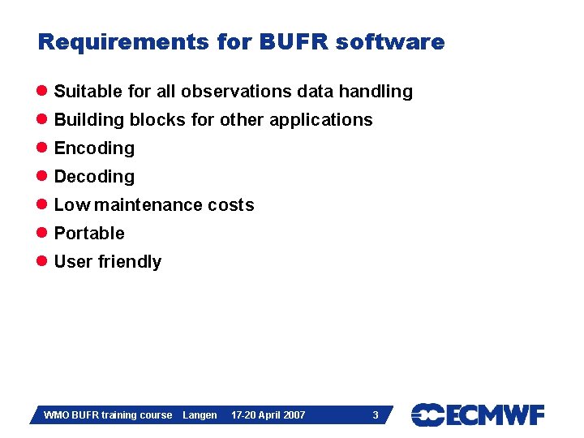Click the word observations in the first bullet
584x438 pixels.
[x=238, y=92]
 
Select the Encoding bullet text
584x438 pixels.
[x=94, y=148]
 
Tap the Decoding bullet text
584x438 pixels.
[x=94, y=177]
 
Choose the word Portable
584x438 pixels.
[x=89, y=234]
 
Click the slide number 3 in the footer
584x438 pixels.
[x=375, y=415]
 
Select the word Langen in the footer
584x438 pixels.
[x=200, y=415]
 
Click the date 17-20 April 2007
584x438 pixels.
[x=268, y=415]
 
